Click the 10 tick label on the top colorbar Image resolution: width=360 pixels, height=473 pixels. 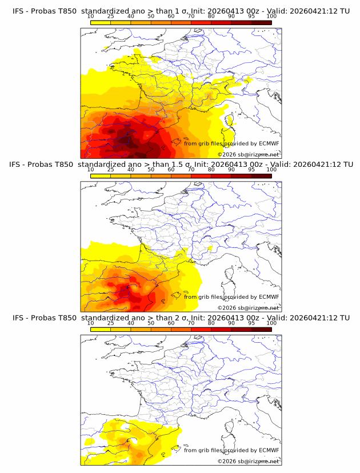pyautogui.click(x=90, y=17)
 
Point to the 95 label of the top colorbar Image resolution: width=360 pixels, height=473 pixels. pyautogui.click(x=251, y=17)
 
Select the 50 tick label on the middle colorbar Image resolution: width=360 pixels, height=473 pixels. pyautogui.click(x=151, y=170)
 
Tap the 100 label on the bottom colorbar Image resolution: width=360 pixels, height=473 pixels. pyautogui.click(x=271, y=323)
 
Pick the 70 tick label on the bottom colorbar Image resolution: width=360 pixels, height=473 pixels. pyautogui.click(x=191, y=323)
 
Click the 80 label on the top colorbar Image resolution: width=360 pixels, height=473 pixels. pyautogui.click(x=211, y=17)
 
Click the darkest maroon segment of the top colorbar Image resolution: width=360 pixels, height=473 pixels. pyautogui.click(x=261, y=22)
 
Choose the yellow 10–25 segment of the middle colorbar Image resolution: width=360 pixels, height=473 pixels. pyautogui.click(x=100, y=175)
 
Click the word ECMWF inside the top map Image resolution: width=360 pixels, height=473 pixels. pyautogui.click(x=269, y=143)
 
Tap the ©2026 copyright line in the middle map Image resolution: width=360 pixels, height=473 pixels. pyautogui.click(x=249, y=307)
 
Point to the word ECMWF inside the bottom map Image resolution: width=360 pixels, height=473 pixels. pyautogui.click(x=269, y=450)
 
